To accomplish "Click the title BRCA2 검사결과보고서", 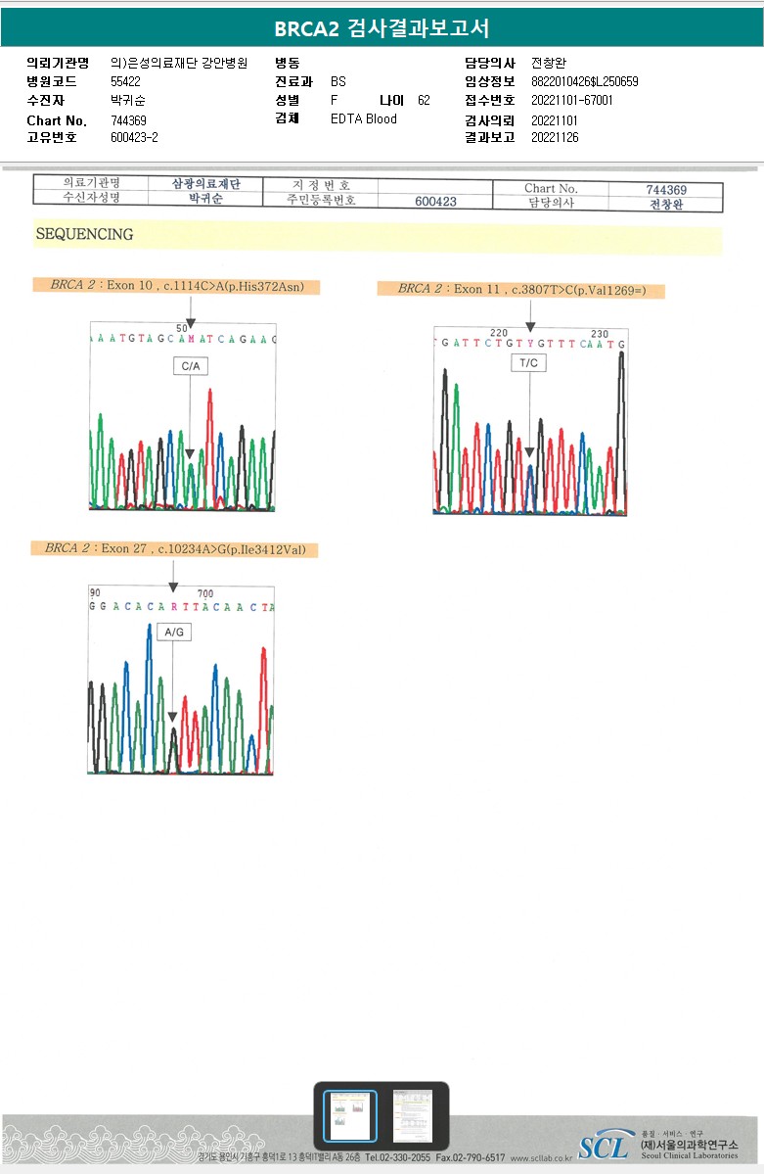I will pos(382,28).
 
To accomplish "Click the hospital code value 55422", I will pos(126,82).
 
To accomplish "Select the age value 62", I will pos(424,101).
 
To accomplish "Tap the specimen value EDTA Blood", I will pos(364,119).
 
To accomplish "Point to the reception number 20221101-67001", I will pos(572,101).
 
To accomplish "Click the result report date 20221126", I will pos(555,138).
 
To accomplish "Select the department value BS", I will pos(338,82).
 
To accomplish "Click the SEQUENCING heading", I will pos(84,235).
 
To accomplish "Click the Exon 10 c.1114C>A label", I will pos(177,286).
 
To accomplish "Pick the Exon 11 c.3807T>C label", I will pos(521,289).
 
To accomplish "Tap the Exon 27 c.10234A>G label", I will pos(175,548).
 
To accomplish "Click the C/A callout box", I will pos(191,366).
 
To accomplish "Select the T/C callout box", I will pos(529,363).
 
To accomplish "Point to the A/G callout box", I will pos(174,633).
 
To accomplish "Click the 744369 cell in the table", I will pos(666,190).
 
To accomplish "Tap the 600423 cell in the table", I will pos(435,202).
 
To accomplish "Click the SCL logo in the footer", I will pos(604,1146).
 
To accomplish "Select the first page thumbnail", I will pos(349,1115).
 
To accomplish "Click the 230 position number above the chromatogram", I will pos(600,334).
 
